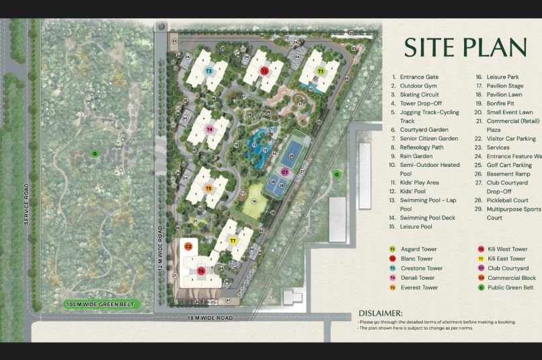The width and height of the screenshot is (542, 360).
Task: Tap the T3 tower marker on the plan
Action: (x=209, y=71)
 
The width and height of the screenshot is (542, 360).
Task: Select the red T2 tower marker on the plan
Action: (x=264, y=70)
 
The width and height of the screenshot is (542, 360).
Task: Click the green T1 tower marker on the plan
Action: (x=320, y=71)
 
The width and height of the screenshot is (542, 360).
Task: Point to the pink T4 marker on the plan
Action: (x=210, y=129)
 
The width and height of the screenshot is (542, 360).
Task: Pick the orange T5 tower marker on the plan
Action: (x=208, y=189)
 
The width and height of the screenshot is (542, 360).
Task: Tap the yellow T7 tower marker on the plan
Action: (x=233, y=240)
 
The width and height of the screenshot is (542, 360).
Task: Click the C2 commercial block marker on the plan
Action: (x=188, y=247)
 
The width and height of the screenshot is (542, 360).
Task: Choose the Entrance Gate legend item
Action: (x=418, y=77)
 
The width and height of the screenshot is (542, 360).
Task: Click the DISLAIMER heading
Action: (x=381, y=313)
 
